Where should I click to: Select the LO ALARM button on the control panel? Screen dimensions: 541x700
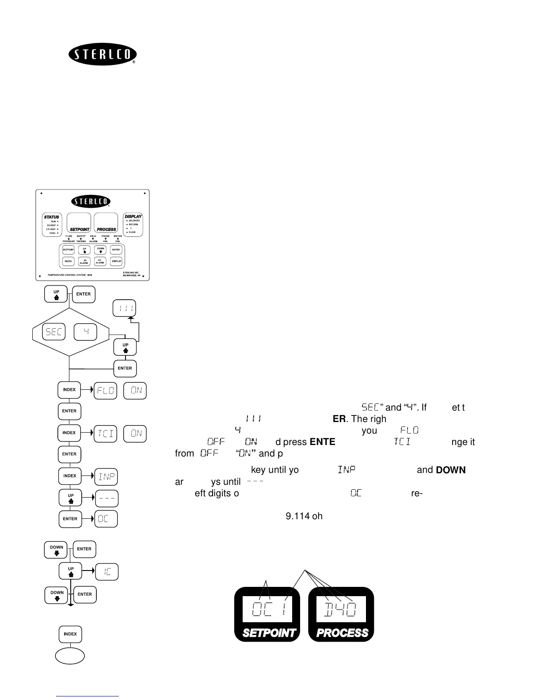(100, 261)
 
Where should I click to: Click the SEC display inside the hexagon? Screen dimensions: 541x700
(53, 332)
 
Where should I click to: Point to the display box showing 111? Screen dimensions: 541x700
(124, 308)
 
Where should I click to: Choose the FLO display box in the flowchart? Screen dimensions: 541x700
(105, 391)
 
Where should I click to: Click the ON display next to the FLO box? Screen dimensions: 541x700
(135, 391)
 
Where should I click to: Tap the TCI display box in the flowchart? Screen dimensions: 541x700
(105, 434)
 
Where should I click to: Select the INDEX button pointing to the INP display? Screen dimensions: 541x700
(69, 476)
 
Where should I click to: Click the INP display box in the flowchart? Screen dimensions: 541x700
(107, 476)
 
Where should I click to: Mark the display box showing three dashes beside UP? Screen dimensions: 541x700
(107, 498)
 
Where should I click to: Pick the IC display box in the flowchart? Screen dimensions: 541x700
(107, 572)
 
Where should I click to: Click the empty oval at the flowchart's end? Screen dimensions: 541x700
(70, 656)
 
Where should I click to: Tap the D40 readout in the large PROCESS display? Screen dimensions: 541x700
(340, 610)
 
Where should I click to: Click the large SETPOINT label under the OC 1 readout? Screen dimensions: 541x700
(269, 633)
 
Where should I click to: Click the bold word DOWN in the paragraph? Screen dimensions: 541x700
(450, 470)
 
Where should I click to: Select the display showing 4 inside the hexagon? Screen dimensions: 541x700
(85, 332)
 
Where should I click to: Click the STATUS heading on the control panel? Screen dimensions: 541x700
(51, 217)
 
